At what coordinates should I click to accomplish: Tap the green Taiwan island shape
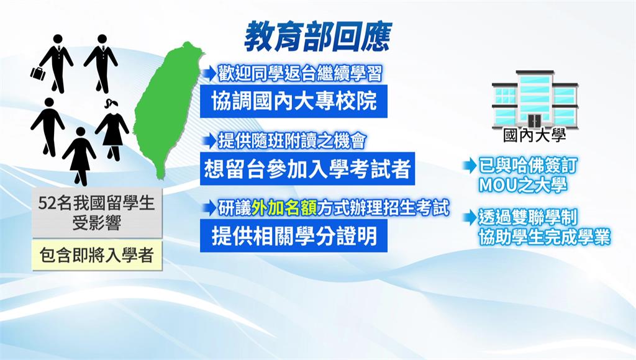click(166, 109)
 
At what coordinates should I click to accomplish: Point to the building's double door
click(534, 120)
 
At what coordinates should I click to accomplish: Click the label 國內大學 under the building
click(534, 135)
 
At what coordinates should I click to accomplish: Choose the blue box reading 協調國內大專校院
click(294, 101)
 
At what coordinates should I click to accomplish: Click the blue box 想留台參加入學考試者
click(307, 169)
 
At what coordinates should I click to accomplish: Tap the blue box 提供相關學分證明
click(294, 235)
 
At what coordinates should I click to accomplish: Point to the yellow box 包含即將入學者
click(97, 255)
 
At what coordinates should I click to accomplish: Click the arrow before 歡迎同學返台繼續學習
click(210, 74)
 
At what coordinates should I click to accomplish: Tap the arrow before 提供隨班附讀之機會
click(210, 141)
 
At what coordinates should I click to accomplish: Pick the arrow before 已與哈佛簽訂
click(470, 165)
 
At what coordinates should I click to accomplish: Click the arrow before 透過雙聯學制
click(470, 218)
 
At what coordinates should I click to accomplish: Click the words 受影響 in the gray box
click(97, 223)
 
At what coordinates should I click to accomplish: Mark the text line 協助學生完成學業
click(544, 237)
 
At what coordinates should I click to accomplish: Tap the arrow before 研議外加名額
click(210, 209)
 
